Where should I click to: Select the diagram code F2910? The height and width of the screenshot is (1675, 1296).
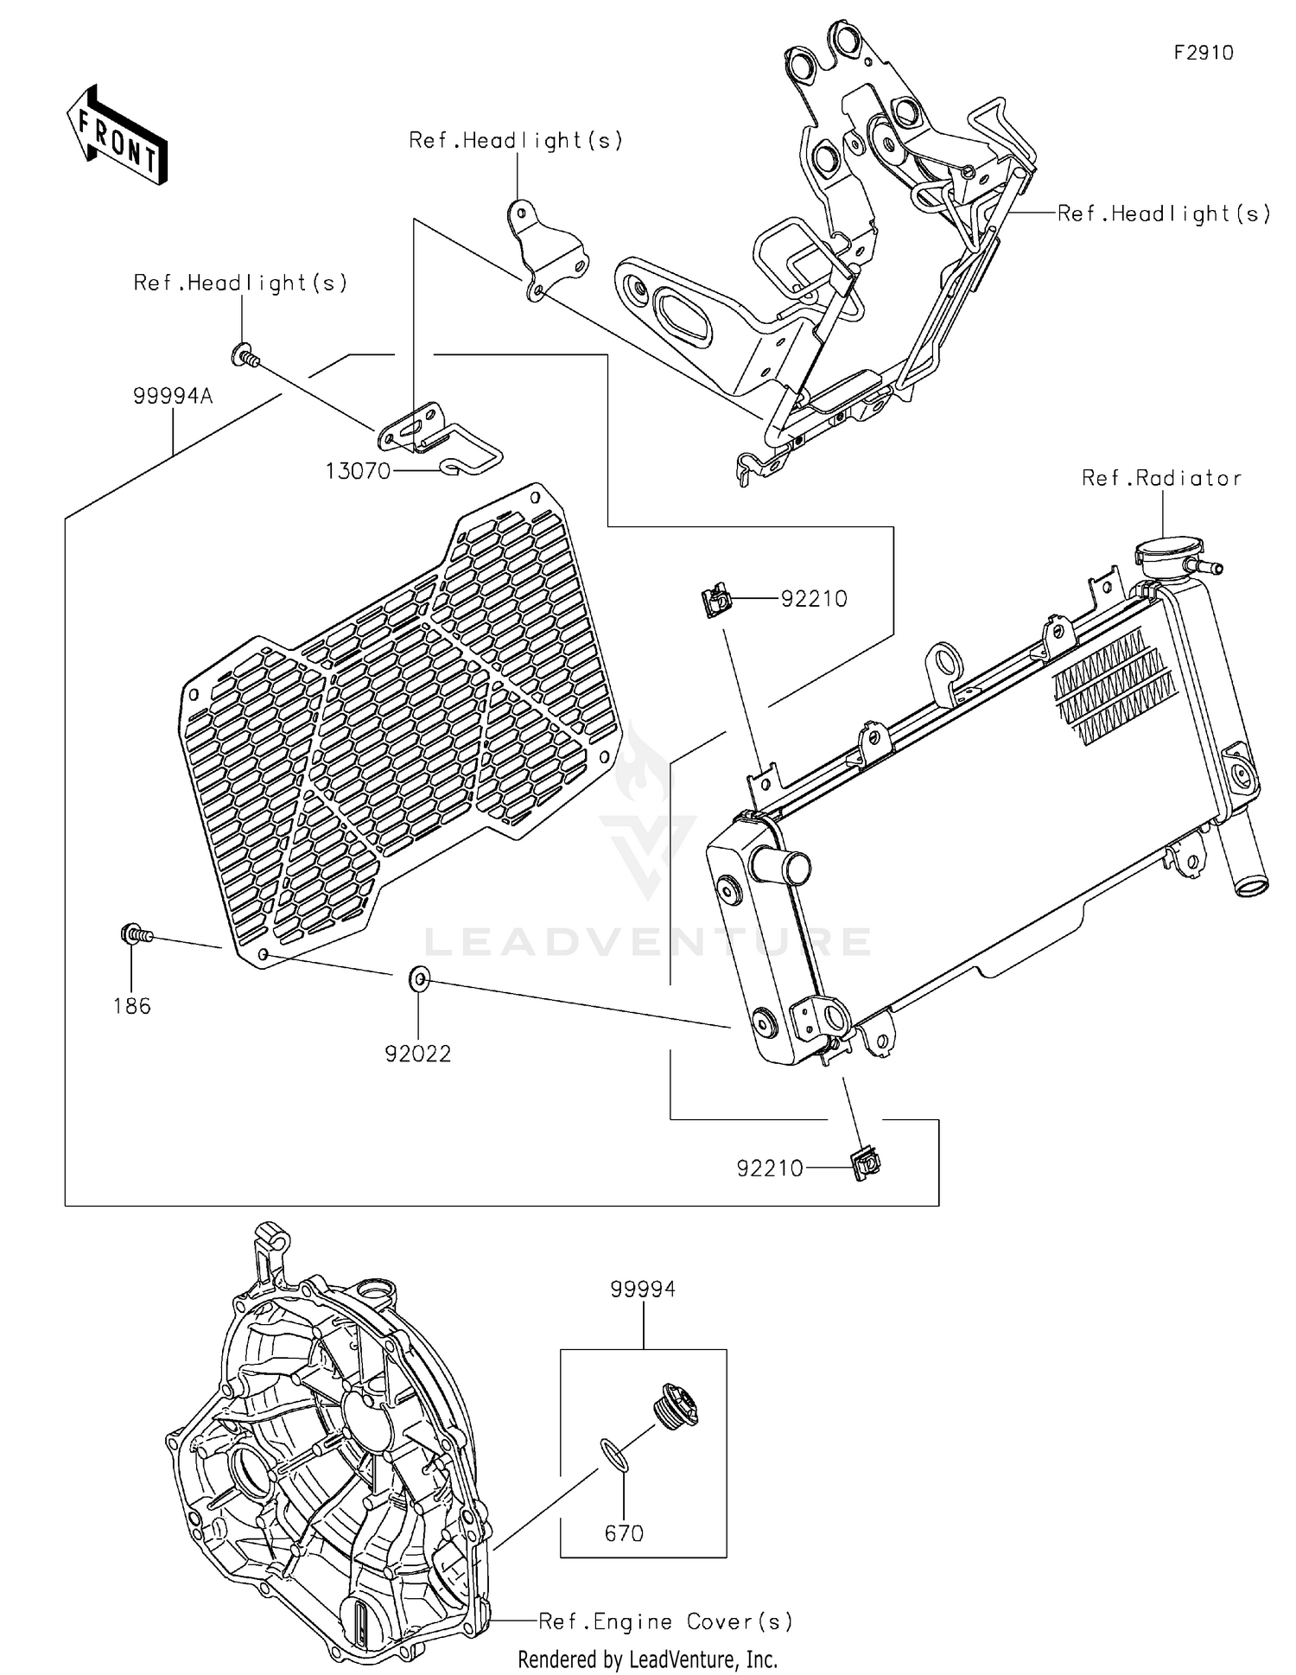coord(1204,53)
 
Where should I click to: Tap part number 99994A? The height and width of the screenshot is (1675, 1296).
coord(173,397)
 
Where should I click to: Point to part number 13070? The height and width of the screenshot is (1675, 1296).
coord(358,471)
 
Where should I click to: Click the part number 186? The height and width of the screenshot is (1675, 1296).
coord(132,1006)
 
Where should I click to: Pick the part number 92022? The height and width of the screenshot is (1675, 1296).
coord(418,1054)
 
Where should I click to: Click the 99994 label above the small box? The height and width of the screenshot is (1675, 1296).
coord(643,1289)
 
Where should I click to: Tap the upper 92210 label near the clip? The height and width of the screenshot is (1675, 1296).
coord(814,598)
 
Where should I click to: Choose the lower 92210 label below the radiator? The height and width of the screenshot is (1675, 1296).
coord(770,1169)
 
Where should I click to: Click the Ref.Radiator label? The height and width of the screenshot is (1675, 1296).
coord(1161,478)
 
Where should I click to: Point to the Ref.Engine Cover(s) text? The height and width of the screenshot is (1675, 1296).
coord(665,1621)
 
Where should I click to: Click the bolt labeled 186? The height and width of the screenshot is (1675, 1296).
coord(135,934)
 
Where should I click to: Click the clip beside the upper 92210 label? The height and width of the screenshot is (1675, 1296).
coord(715,600)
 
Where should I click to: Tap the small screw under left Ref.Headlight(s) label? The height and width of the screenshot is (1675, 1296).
coord(245,354)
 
